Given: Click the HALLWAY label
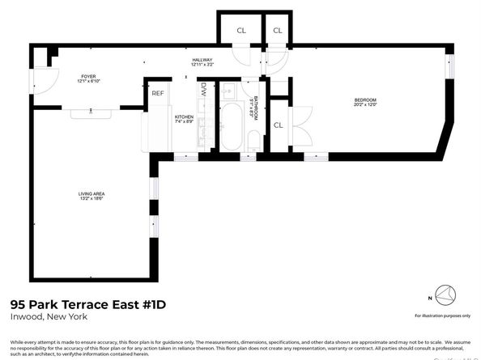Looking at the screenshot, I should (202, 60).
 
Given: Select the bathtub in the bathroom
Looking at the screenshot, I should (232, 125).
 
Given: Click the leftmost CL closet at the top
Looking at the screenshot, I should (241, 31).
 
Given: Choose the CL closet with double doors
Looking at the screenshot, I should (278, 125).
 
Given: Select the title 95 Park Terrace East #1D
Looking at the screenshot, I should (75, 305).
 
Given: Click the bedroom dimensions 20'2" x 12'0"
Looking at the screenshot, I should (365, 105).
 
